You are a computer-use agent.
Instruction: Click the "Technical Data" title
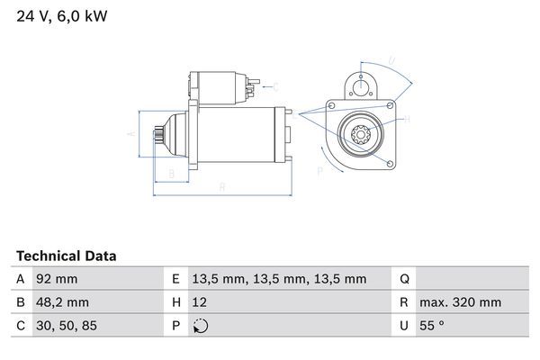point(66,256)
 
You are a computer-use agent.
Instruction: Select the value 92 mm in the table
point(56,279)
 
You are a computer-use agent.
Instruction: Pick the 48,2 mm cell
point(61,302)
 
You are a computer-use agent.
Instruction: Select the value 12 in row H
point(199,302)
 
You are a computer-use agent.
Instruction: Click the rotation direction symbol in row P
point(200,326)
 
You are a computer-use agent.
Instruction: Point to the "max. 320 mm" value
point(463,302)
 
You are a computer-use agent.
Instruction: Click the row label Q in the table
point(404,279)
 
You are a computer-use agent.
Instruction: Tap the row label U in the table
point(404,326)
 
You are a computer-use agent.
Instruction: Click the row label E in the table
point(175,279)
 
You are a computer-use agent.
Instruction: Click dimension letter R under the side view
point(221,187)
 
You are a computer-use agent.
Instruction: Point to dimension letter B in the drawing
point(171,173)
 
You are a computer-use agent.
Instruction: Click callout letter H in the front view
point(407,118)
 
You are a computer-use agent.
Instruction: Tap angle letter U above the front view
point(391,61)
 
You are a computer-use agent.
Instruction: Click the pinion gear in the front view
point(359,139)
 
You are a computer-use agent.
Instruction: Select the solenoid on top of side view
point(219,87)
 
